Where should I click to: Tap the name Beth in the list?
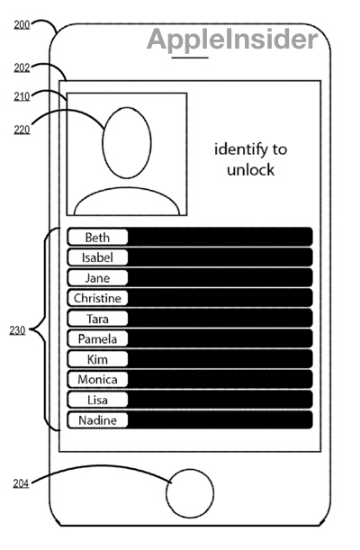(97, 238)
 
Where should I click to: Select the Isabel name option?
(97, 257)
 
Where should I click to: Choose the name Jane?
(97, 278)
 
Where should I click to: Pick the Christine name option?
(97, 298)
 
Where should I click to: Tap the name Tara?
(97, 319)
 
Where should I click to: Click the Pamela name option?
(97, 338)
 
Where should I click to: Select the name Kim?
(97, 359)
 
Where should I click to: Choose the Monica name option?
(97, 379)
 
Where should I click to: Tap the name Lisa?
(97, 400)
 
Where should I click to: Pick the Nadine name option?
(97, 419)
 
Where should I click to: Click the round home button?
(190, 470)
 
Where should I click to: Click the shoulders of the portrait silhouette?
(127, 188)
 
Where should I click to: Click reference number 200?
(22, 25)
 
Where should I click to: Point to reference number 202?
(22, 68)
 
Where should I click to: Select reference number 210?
(22, 96)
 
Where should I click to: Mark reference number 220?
(22, 130)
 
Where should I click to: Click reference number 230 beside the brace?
(17, 330)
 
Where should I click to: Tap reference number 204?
(21, 483)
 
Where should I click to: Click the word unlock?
(250, 170)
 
